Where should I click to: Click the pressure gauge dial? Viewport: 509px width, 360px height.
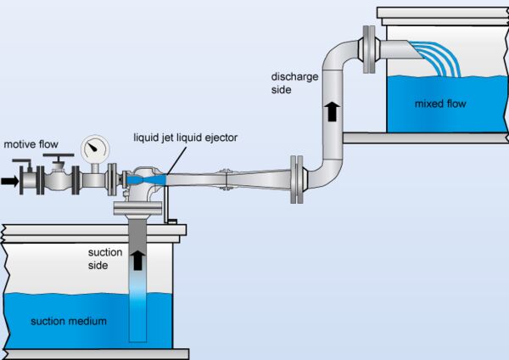pos(95,150)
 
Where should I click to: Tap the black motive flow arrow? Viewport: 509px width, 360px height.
pos(10,181)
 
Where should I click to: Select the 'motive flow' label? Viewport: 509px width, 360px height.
pos(32,144)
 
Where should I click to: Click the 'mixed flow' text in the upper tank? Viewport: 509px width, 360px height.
pos(440,104)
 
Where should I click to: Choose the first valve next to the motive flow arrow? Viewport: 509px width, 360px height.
pos(31,180)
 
